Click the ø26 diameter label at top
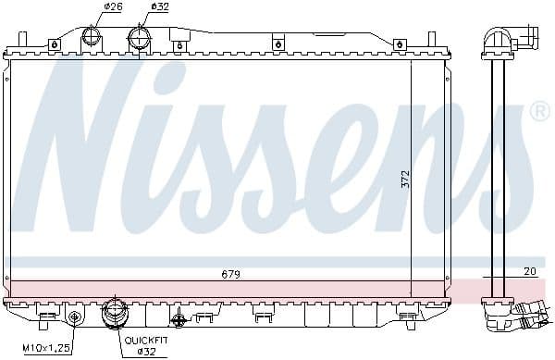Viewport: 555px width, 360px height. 113,7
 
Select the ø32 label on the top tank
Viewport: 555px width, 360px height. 160,7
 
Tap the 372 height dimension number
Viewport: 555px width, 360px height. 404,180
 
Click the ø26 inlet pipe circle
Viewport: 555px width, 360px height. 92,36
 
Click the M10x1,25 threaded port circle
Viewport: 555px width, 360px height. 76,318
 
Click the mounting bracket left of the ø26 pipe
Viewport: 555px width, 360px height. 55,43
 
